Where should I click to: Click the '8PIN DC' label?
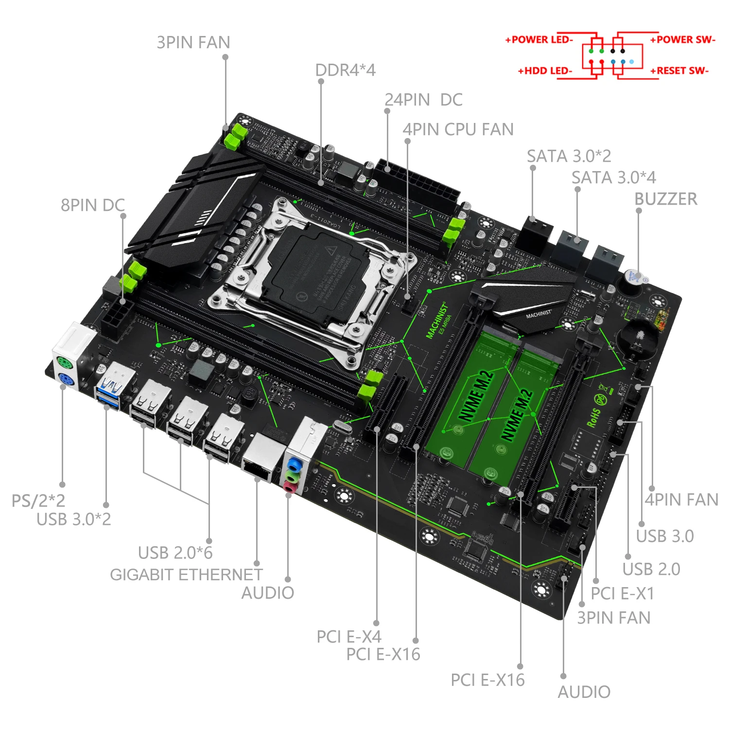92,205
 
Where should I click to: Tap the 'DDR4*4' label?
345,70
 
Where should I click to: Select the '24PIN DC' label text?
423,100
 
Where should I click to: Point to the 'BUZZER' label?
665,199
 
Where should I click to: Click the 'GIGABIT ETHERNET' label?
186,574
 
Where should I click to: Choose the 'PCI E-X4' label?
348,637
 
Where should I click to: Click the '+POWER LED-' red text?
539,40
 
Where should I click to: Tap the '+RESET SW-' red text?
679,71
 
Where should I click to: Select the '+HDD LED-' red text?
545,71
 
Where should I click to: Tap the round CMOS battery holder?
638,337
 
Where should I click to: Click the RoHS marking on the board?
594,418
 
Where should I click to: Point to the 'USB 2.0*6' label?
175,553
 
